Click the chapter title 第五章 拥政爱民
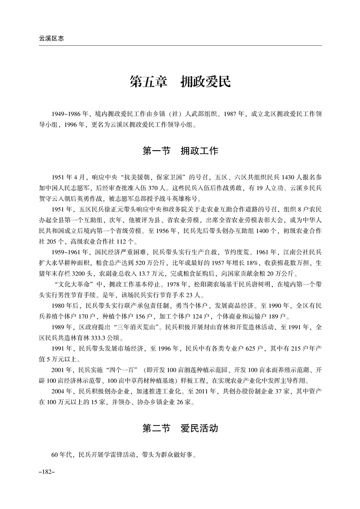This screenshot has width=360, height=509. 180,82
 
